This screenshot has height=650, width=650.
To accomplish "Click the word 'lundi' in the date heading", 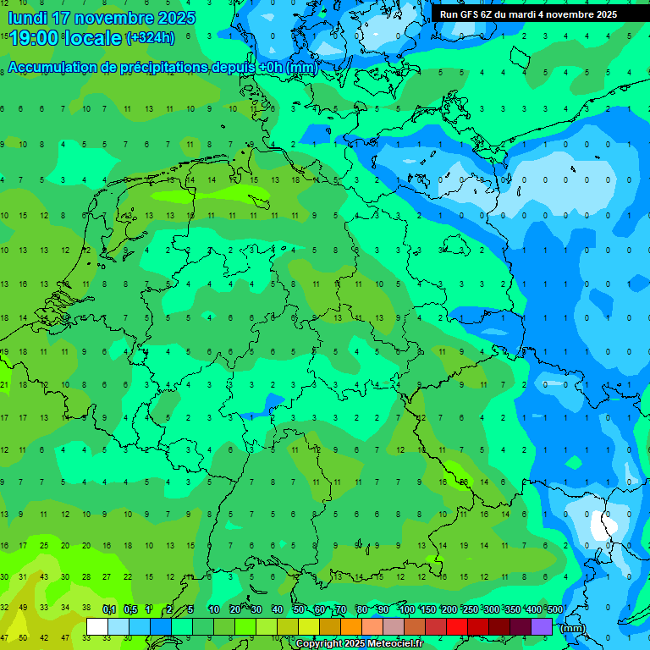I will coord(29,18).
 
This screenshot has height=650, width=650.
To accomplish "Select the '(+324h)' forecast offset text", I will coord(151,37).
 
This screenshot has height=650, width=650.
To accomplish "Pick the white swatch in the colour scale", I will coord(97,627).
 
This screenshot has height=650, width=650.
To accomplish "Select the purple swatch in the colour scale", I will coord(542,627).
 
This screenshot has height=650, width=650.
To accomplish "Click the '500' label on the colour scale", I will coord(554,609).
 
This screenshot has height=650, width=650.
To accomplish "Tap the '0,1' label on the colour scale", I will coord(109,609).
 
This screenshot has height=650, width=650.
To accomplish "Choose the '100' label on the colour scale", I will coord(406,609).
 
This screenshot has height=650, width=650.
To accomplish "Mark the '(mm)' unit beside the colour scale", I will coord(573,628).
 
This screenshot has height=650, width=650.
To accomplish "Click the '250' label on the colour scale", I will coord(470,609).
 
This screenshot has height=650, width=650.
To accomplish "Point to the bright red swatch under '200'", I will coord(457,627).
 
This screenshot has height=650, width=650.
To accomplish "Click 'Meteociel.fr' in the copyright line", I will coord(390,644).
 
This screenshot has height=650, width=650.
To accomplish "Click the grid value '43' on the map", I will coord(45,577).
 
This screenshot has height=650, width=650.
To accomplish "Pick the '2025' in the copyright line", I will coord(342,644).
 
